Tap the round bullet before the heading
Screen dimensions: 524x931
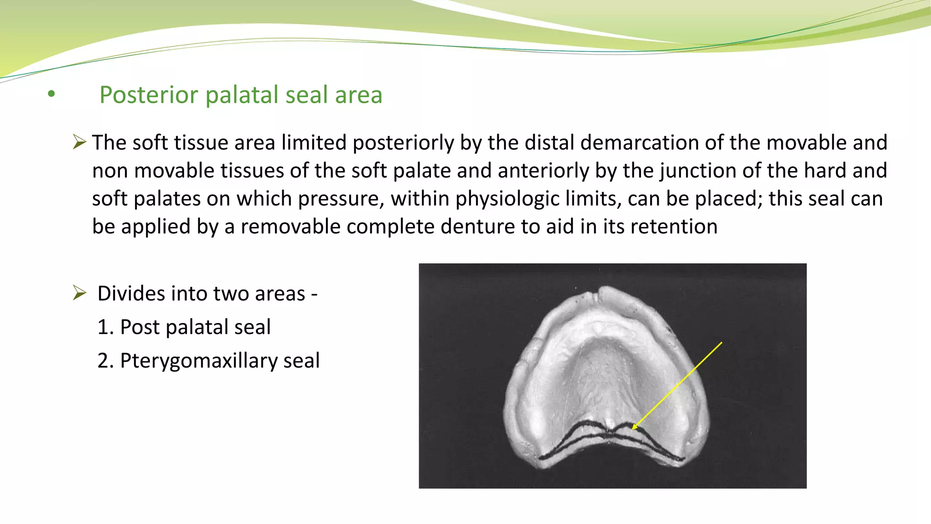(51, 94)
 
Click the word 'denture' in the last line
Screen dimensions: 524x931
(477, 227)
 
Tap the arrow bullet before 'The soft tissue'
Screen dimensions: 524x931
(80, 142)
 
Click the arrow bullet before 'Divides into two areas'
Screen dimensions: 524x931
(80, 293)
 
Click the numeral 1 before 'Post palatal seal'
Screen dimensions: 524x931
(103, 327)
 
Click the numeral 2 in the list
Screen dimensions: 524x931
(104, 361)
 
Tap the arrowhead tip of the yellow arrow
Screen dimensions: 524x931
(633, 428)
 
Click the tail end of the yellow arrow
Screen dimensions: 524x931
(721, 343)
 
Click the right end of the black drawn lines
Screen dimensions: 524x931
(682, 459)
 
